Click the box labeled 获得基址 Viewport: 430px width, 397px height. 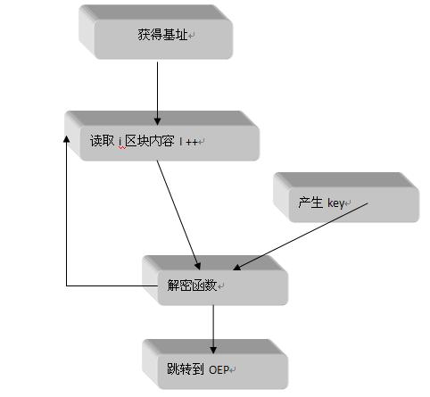tap(155, 32)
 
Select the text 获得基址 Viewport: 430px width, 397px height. tap(162, 35)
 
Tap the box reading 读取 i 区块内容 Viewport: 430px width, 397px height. tap(162, 136)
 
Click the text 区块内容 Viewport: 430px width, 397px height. tap(150, 141)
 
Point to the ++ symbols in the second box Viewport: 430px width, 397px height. tap(192, 142)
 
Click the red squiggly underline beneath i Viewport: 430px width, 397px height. tap(122, 147)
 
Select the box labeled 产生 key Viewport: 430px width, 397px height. tap(346, 197)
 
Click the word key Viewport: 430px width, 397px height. tap(335, 203)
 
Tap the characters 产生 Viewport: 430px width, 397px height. tap(310, 203)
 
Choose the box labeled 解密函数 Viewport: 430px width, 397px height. tap(215, 280)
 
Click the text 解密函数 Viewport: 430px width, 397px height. tap(192, 285)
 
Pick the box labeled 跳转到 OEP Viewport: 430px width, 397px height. tap(215, 364)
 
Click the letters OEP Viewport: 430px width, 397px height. tap(219, 370)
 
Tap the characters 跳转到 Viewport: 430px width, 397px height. tap(186, 369)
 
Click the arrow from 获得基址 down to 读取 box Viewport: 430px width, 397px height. tap(157, 94)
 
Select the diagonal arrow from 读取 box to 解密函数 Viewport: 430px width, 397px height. tap(178, 215)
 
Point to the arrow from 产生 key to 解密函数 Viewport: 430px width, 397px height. tap(301, 236)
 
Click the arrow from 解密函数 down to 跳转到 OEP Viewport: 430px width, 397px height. tap(213, 329)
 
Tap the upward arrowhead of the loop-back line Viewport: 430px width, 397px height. tap(67, 139)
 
